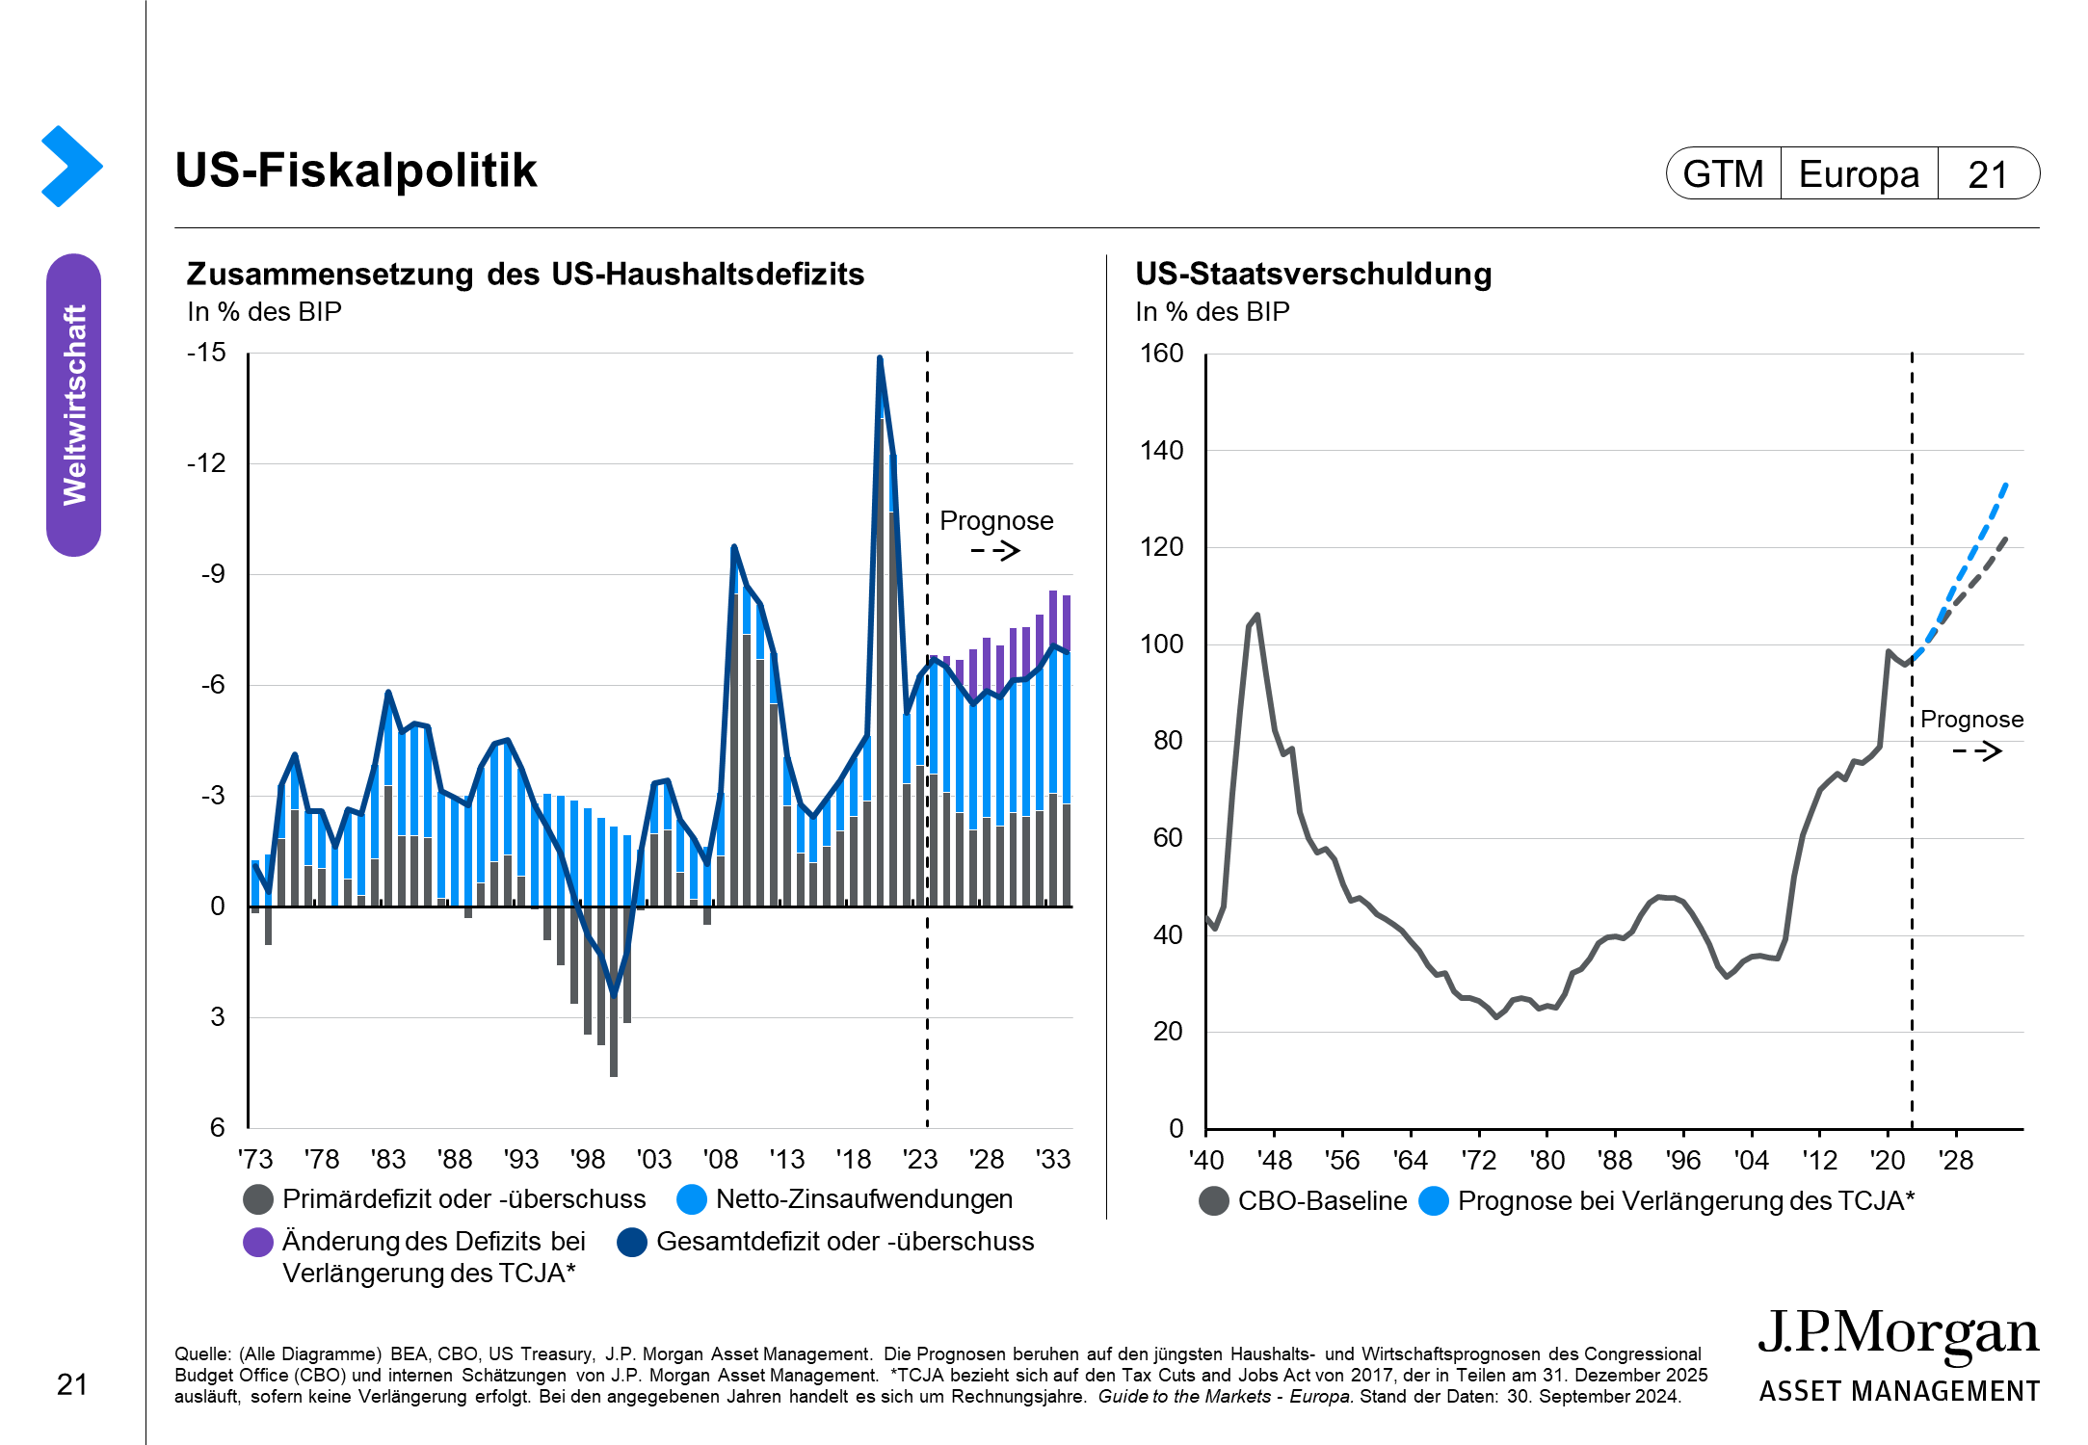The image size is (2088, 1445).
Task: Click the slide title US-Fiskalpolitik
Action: (356, 171)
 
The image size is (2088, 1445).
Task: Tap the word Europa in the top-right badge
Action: (1859, 174)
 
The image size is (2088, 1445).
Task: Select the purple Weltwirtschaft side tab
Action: (74, 405)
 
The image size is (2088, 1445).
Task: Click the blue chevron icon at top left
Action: (71, 166)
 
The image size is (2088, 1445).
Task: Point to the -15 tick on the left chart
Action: (206, 353)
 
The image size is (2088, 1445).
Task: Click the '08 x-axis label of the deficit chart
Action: (720, 1159)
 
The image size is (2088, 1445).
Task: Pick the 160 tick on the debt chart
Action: (1161, 354)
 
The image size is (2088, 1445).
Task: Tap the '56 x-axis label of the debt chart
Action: (1342, 1160)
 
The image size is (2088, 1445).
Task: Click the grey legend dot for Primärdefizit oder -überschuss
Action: (258, 1199)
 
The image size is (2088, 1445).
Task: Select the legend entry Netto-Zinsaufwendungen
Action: (863, 1199)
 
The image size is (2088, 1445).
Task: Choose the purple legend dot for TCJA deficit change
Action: (258, 1242)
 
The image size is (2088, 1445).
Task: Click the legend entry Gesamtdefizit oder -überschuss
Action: (844, 1242)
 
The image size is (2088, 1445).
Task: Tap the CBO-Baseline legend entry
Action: (1321, 1201)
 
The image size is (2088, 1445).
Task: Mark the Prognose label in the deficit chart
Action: (996, 521)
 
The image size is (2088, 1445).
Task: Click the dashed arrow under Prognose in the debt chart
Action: (1977, 751)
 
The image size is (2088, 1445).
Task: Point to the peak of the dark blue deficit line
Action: (880, 358)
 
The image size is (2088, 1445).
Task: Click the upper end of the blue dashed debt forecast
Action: (2005, 485)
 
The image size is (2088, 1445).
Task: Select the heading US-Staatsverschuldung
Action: (1313, 275)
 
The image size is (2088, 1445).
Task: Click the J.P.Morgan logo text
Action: (1898, 1333)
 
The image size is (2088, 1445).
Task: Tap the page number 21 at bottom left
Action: (72, 1385)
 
